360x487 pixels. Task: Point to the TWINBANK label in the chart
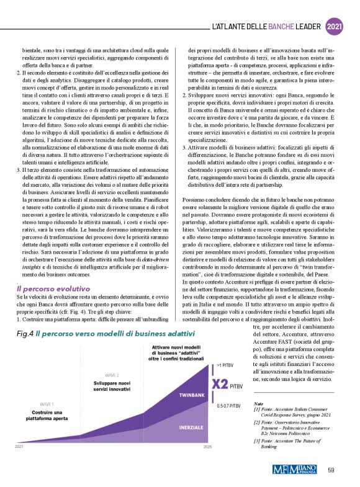tap(193, 395)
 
